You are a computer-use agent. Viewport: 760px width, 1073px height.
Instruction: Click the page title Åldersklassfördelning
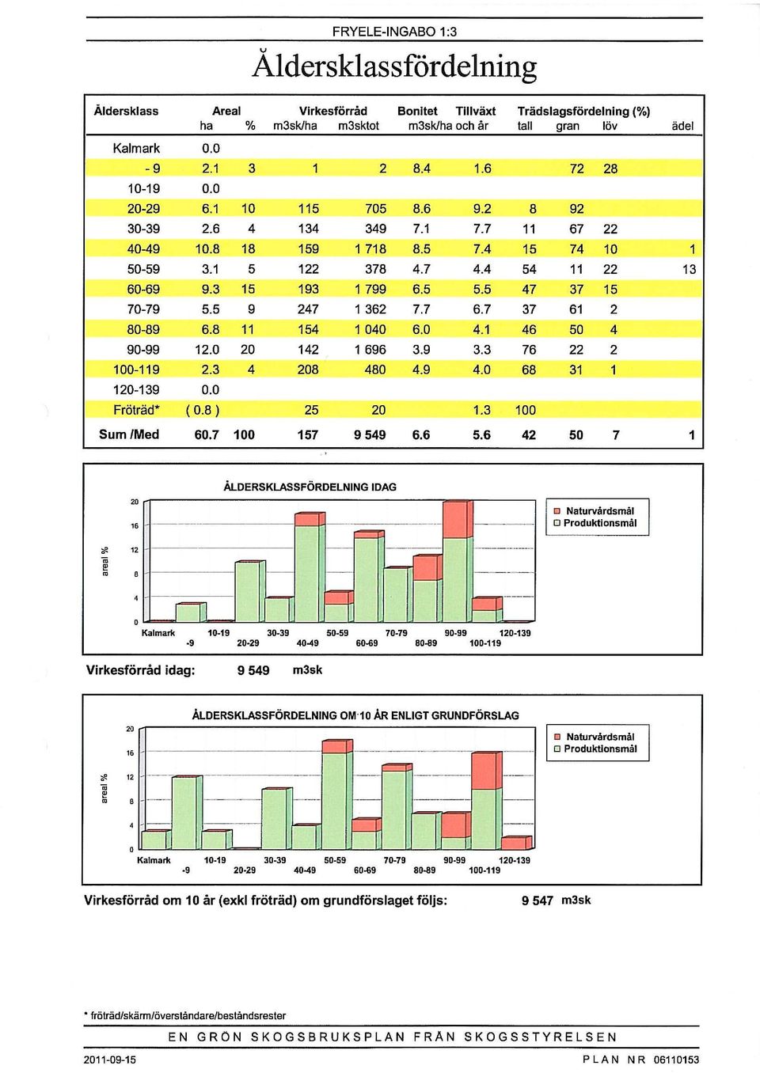394,66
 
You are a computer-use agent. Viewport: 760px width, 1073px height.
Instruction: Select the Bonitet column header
417,111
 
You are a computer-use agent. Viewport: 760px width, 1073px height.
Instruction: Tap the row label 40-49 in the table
144,249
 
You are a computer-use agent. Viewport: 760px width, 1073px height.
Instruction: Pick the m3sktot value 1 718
370,249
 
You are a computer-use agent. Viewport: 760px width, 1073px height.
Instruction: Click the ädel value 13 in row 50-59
689,269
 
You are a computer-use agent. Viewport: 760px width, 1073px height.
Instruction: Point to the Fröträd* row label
137,410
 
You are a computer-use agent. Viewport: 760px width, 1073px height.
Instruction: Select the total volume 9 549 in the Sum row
370,435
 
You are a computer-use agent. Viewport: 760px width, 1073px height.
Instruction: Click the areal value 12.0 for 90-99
207,350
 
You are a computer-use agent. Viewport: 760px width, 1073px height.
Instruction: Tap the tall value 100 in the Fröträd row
525,410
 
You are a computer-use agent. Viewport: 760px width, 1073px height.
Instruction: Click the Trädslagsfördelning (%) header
583,112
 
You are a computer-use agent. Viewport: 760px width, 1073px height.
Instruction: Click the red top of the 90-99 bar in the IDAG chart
454,520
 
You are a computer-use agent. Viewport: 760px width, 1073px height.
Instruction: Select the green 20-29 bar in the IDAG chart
247,592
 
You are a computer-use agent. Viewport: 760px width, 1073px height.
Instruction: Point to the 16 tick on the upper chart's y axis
135,526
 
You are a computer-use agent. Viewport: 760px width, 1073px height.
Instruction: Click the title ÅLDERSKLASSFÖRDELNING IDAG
310,487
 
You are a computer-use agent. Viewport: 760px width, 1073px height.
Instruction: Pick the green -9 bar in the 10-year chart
184,814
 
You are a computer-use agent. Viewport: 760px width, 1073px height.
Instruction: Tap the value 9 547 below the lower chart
538,901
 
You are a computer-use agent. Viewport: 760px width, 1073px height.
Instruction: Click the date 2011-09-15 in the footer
110,1060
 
